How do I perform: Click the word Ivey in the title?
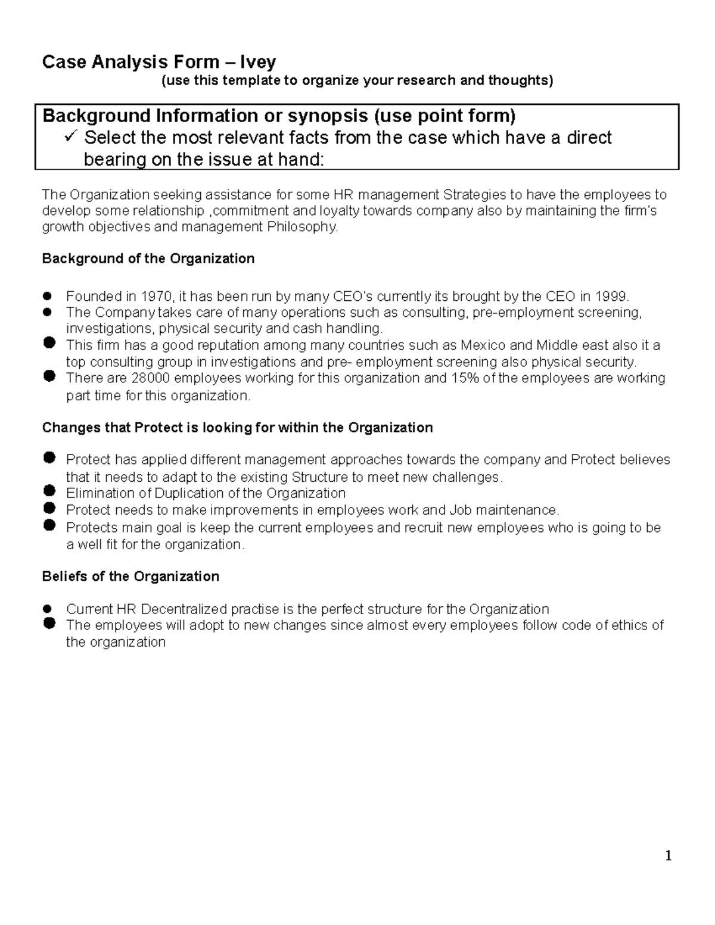point(257,62)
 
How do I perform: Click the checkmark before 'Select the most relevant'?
point(70,138)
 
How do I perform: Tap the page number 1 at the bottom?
point(669,856)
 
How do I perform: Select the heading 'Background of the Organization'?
point(148,258)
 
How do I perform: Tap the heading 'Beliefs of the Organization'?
point(130,577)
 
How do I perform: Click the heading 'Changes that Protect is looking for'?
point(237,428)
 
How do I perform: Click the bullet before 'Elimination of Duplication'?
point(49,492)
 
